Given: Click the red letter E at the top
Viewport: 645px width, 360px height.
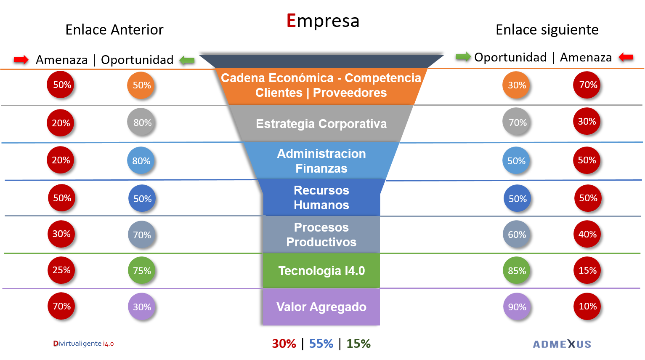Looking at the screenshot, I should click(x=291, y=20).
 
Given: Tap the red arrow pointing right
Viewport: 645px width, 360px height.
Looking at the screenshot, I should click(x=21, y=59).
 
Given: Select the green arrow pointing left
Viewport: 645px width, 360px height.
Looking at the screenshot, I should click(x=187, y=60).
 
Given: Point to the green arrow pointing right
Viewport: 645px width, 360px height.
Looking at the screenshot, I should click(x=463, y=56).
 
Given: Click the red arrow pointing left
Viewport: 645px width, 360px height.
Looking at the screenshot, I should click(x=626, y=57).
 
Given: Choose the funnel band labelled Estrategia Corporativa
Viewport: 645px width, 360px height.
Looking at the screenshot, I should click(x=321, y=124).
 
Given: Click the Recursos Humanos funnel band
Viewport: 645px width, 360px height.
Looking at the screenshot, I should click(x=321, y=197).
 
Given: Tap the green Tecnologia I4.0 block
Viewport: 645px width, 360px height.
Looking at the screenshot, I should click(x=321, y=271).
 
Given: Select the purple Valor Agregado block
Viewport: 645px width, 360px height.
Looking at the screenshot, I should click(x=321, y=307).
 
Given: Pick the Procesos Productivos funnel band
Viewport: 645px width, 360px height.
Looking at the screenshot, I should click(x=321, y=235).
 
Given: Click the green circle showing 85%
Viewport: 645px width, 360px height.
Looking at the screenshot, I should click(x=516, y=270).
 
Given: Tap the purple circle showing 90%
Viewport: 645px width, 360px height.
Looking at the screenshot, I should click(x=517, y=307).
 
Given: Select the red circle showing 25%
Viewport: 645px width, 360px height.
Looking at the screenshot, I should click(x=61, y=270).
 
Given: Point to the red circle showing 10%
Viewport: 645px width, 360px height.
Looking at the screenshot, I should click(x=587, y=306).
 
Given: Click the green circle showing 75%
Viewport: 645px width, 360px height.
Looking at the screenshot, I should click(x=142, y=270).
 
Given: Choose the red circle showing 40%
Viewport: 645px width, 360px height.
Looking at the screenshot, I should click(x=587, y=234).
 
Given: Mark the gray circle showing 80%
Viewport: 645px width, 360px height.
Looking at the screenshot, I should click(x=141, y=122).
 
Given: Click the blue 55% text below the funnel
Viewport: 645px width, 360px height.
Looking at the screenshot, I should click(x=321, y=344).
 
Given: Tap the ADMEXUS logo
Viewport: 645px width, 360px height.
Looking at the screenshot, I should click(x=562, y=344).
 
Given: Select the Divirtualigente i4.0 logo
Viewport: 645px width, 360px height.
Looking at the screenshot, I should click(x=83, y=344).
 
